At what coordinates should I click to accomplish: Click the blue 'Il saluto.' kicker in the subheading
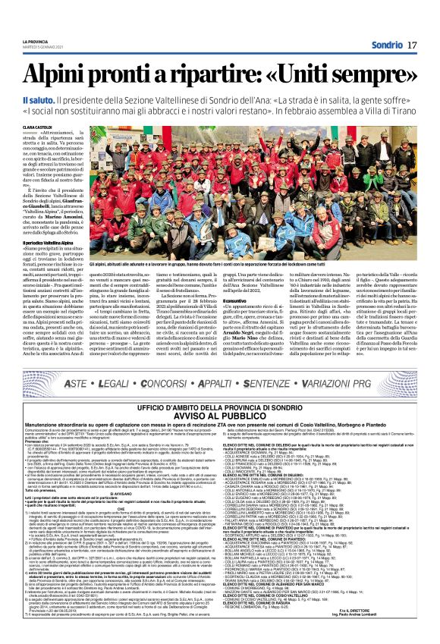point(38,101)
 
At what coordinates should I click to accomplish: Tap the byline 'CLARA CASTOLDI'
point(39,127)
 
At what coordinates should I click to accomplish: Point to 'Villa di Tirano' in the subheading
point(389,110)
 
